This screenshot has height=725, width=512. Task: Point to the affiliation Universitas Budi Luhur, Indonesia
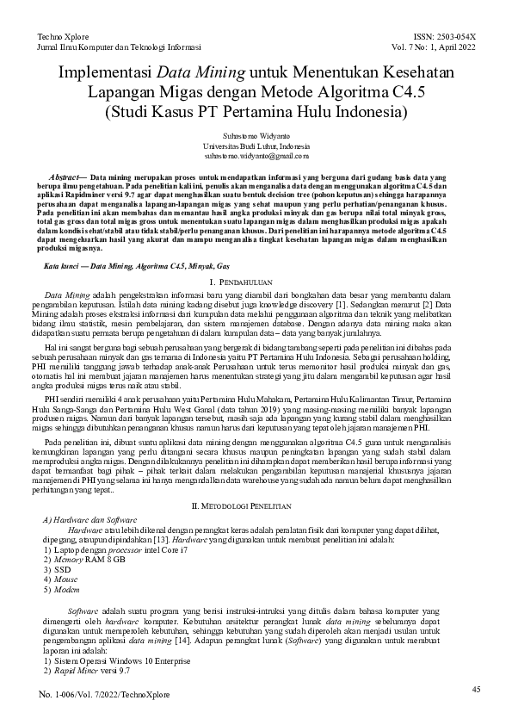pos(256,146)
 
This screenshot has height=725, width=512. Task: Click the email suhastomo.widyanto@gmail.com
pos(256,156)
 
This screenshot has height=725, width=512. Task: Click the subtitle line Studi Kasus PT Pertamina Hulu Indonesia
pos(256,112)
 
